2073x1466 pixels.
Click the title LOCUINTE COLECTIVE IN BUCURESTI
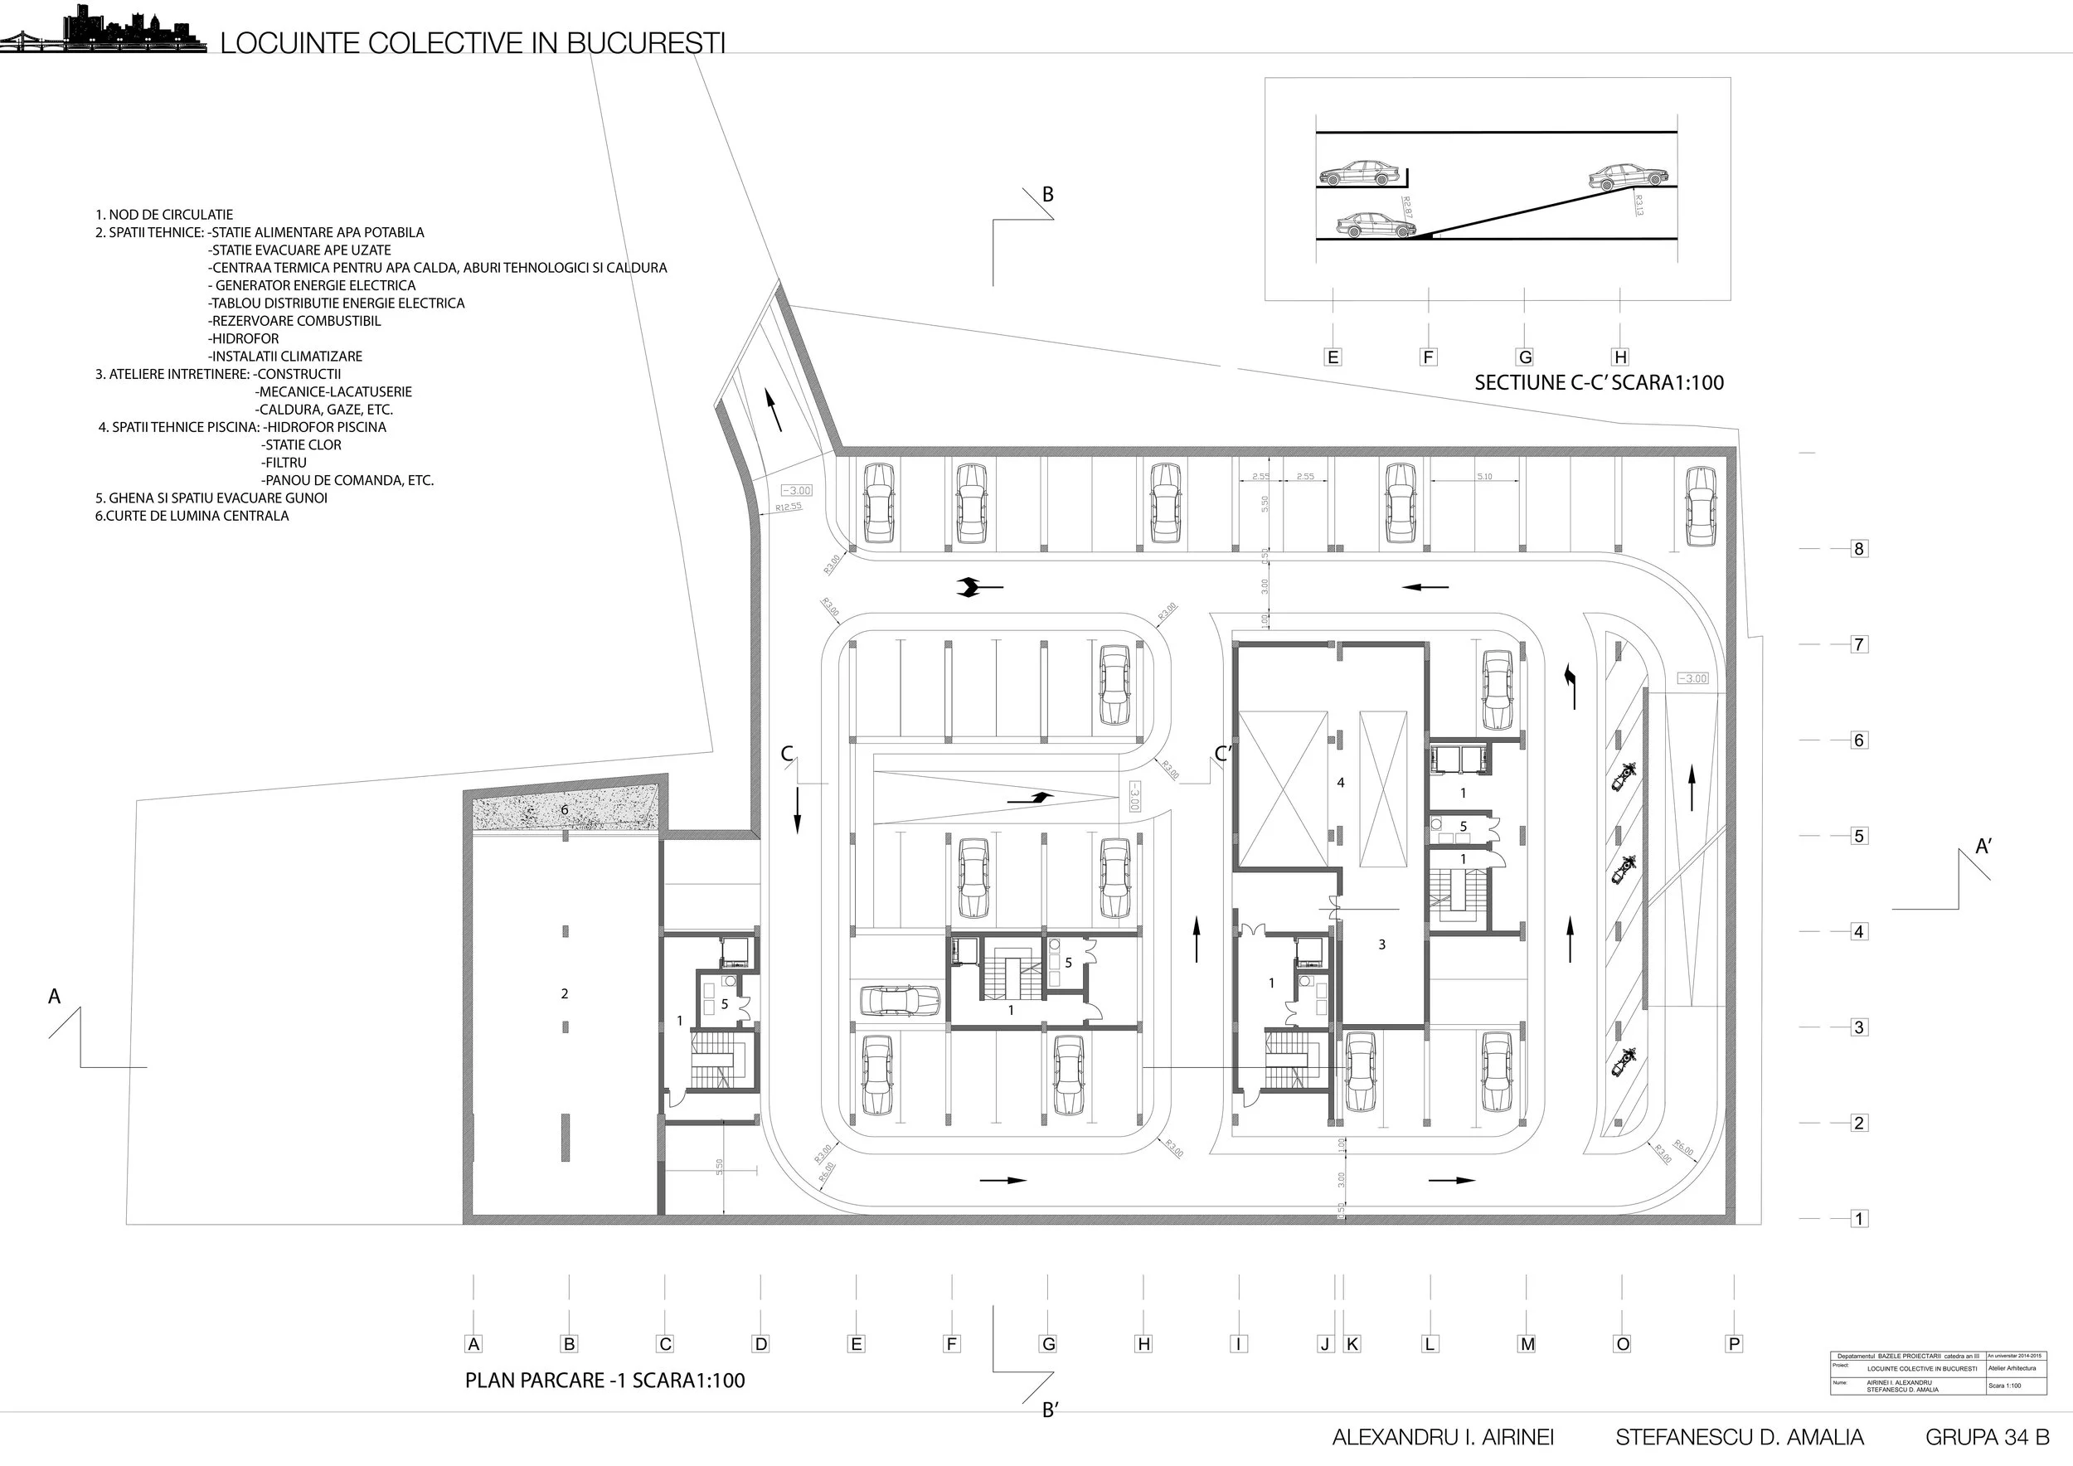click(x=472, y=43)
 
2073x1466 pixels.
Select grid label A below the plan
click(x=473, y=1344)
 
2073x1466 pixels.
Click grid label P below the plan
click(x=1734, y=1344)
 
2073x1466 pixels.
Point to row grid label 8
click(x=1858, y=549)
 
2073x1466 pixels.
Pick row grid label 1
click(x=1858, y=1219)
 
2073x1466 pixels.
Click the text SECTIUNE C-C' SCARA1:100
click(x=1598, y=383)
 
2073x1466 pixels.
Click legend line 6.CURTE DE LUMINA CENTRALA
click(x=192, y=517)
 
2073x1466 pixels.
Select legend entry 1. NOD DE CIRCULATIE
click(x=164, y=215)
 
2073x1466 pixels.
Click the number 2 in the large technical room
click(x=566, y=994)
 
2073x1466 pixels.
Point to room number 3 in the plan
click(x=1381, y=945)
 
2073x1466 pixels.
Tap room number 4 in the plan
click(x=1341, y=783)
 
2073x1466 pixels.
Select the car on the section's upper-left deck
click(x=1359, y=173)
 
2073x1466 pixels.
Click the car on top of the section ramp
click(x=1628, y=177)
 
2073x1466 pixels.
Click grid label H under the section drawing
click(x=1620, y=357)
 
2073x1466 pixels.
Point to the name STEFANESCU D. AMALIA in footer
click(x=1740, y=1438)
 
